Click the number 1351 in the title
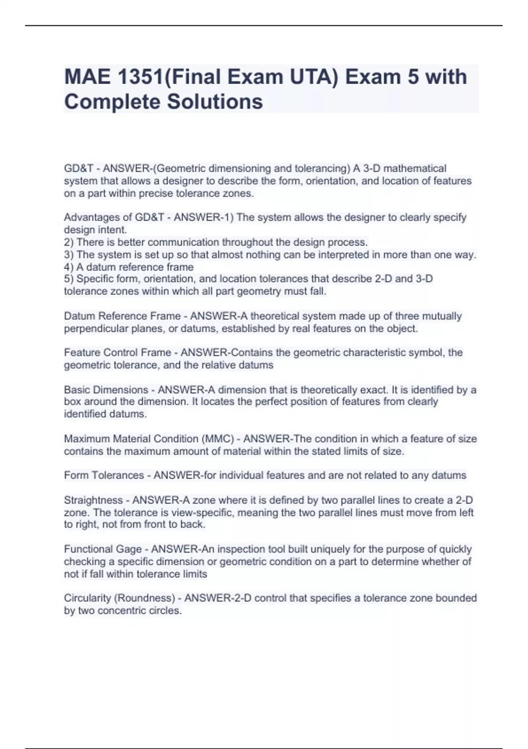coord(140,77)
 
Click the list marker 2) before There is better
coord(69,242)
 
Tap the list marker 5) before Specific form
coord(69,279)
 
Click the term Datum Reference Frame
coord(122,316)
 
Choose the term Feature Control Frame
coord(117,352)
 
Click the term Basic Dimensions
coord(106,390)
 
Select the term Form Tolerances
coord(104,475)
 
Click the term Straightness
coord(93,501)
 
